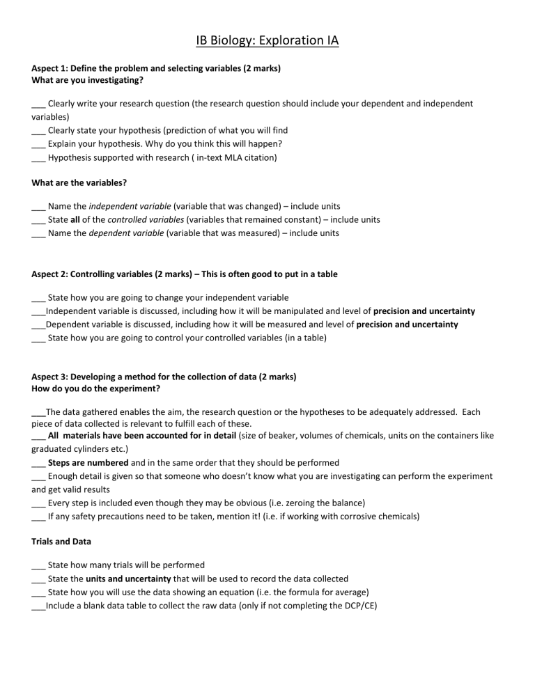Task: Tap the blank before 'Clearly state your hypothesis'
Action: click(38, 130)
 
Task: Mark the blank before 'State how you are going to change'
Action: click(38, 298)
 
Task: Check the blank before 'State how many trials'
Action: click(38, 565)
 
